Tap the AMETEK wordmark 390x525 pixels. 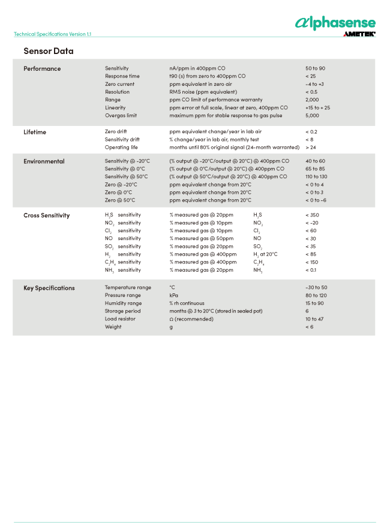coord(359,34)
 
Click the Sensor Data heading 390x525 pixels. coord(49,51)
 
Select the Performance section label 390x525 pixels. coord(42,68)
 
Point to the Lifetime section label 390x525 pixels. coord(35,132)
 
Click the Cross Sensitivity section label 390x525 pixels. coord(46,215)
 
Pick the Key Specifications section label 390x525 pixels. coord(49,288)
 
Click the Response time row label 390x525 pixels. coord(122,76)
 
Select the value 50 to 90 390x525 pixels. coord(315,68)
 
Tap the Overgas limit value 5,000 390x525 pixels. coord(313,115)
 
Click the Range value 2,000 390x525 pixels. coord(313,100)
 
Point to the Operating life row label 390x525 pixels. coord(121,147)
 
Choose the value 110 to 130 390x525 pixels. coord(316,176)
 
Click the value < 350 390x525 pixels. coord(312,215)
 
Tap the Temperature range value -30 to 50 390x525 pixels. coord(316,287)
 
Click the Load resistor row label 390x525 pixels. coord(120,319)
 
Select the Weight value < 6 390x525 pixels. coord(310,326)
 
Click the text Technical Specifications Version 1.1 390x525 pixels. coord(52,34)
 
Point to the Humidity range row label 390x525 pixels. coord(123,303)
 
